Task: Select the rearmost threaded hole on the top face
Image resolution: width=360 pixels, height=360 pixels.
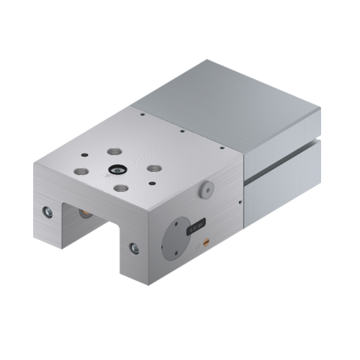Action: [x=114, y=153]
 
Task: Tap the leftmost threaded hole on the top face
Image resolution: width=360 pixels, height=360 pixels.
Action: [x=81, y=173]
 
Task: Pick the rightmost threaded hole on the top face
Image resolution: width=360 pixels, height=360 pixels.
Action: [x=153, y=168]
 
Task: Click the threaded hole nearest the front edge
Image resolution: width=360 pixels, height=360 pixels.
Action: [x=121, y=189]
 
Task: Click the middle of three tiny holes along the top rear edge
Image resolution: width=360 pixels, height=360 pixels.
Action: [x=184, y=131]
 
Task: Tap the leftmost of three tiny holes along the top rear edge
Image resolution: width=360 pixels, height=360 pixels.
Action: [x=143, y=114]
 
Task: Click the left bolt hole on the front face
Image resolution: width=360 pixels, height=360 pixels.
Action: [x=48, y=212]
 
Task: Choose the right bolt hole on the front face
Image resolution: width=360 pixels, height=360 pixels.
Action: [x=134, y=248]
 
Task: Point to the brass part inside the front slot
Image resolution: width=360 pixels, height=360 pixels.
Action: [x=85, y=213]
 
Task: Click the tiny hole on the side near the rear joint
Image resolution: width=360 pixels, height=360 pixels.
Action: [x=240, y=204]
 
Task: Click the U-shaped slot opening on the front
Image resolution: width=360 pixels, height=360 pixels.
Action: [x=90, y=230]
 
